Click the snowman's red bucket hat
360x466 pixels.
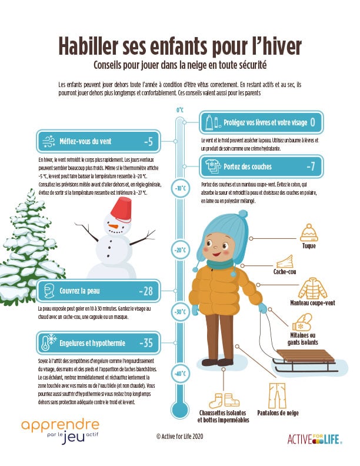tap(121, 206)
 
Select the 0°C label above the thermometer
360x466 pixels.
tap(180, 110)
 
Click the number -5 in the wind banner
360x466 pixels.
tap(148, 142)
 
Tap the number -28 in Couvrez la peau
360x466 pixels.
tap(146, 291)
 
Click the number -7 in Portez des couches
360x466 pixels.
tap(311, 167)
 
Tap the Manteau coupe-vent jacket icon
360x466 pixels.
tap(311, 288)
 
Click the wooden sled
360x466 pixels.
tap(306, 358)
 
